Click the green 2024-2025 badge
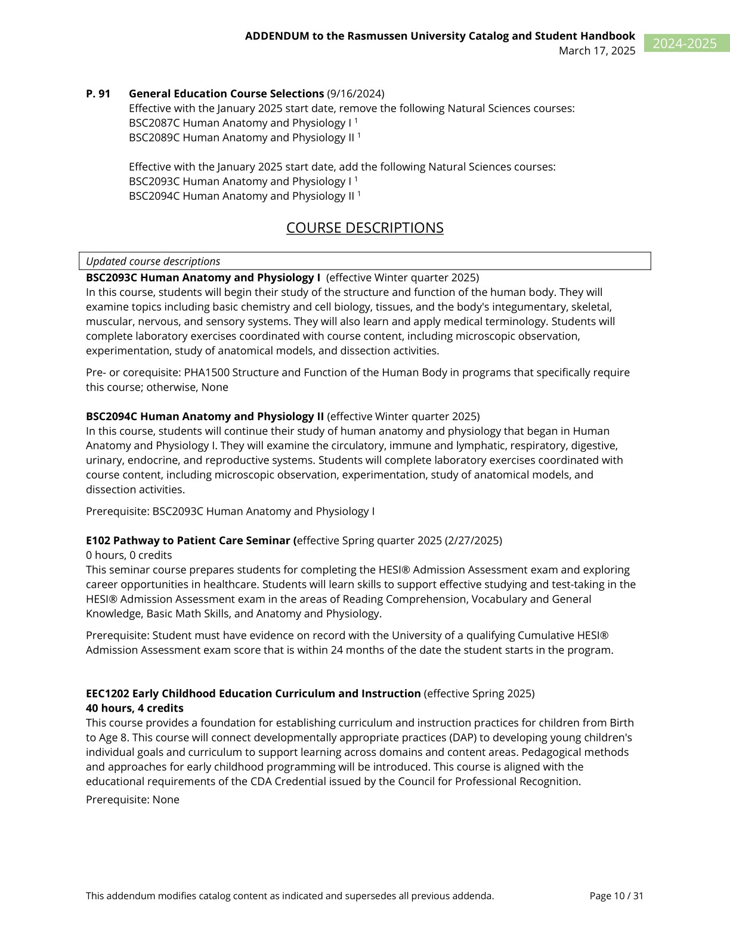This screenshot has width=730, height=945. point(685,44)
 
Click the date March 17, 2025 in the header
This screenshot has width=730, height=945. point(596,51)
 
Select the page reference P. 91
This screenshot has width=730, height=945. point(98,94)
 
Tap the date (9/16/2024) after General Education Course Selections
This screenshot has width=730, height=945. point(355,94)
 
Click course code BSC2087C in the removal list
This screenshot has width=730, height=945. point(154,123)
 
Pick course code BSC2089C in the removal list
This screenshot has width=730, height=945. point(154,138)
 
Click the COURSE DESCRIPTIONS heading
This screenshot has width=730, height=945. point(364,228)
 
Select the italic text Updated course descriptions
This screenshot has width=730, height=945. point(153,261)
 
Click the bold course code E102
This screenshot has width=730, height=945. point(98,541)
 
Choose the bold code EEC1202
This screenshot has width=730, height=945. point(107,694)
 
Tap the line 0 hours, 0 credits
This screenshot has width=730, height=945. point(129,555)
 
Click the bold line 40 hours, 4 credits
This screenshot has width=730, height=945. point(135,708)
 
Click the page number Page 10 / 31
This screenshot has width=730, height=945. point(616,896)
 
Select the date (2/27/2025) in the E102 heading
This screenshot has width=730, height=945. point(474,541)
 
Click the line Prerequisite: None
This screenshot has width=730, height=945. point(132,800)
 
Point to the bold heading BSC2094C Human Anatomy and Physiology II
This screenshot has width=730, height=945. point(205,416)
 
